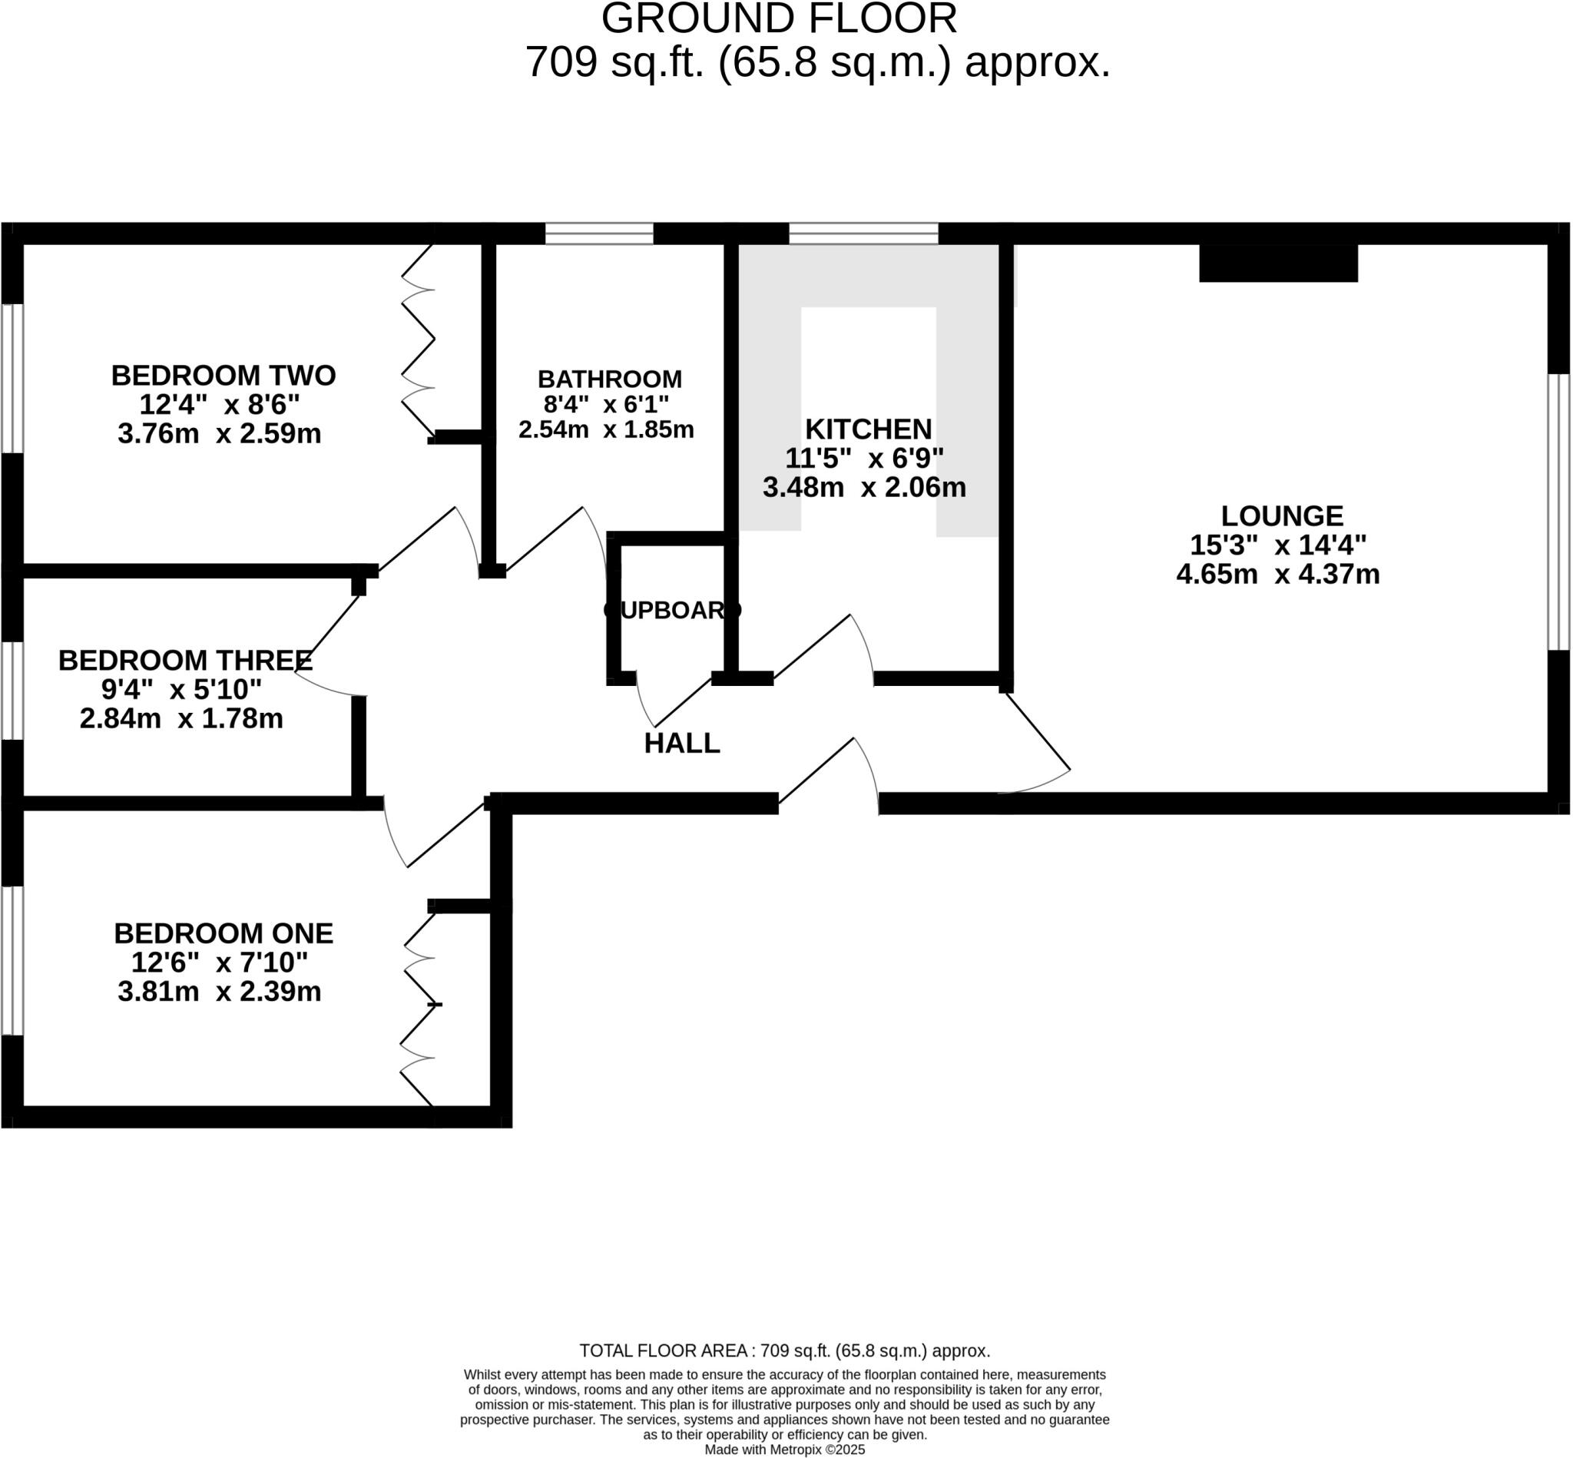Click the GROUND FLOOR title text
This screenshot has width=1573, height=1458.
779,19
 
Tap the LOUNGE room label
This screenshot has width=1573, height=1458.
1282,516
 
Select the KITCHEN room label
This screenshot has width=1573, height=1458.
868,429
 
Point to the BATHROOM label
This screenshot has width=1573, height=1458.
610,379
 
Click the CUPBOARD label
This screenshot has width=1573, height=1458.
672,610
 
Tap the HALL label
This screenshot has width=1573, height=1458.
681,743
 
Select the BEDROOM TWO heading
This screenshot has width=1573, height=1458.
224,376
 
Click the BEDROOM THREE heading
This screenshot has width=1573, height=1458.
185,661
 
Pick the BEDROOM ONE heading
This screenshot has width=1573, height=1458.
224,933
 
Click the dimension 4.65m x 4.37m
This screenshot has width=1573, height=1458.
1278,575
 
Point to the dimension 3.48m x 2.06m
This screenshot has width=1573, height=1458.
864,488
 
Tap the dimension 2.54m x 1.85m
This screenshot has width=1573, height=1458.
606,430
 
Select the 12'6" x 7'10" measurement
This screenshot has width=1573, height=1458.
220,963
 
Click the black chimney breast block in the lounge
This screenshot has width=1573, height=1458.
1278,263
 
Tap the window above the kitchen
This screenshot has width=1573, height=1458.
863,234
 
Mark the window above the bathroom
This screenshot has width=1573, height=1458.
600,234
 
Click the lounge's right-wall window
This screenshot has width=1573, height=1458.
1558,512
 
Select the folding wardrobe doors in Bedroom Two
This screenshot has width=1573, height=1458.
419,340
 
